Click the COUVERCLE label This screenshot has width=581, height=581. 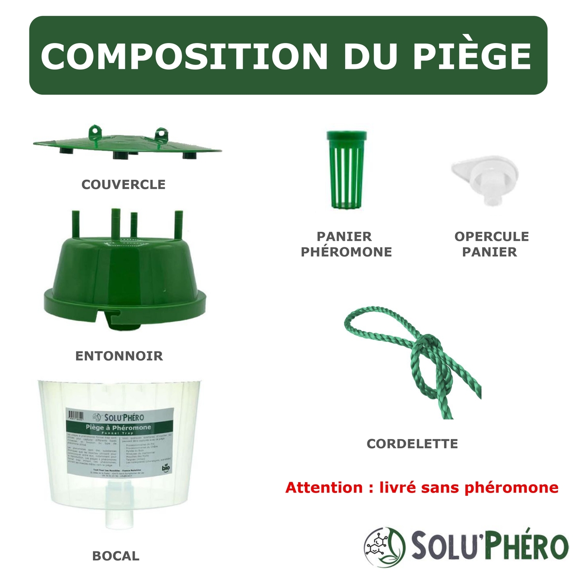[123, 184]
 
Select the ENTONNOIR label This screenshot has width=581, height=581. [119, 356]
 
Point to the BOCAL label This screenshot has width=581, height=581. [116, 556]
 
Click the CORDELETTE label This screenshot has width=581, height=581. [412, 443]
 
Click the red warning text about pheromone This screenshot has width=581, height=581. [422, 487]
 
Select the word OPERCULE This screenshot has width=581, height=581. [491, 237]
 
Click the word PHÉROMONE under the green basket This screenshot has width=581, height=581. [346, 252]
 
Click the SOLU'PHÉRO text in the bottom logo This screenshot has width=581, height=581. [489, 546]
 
